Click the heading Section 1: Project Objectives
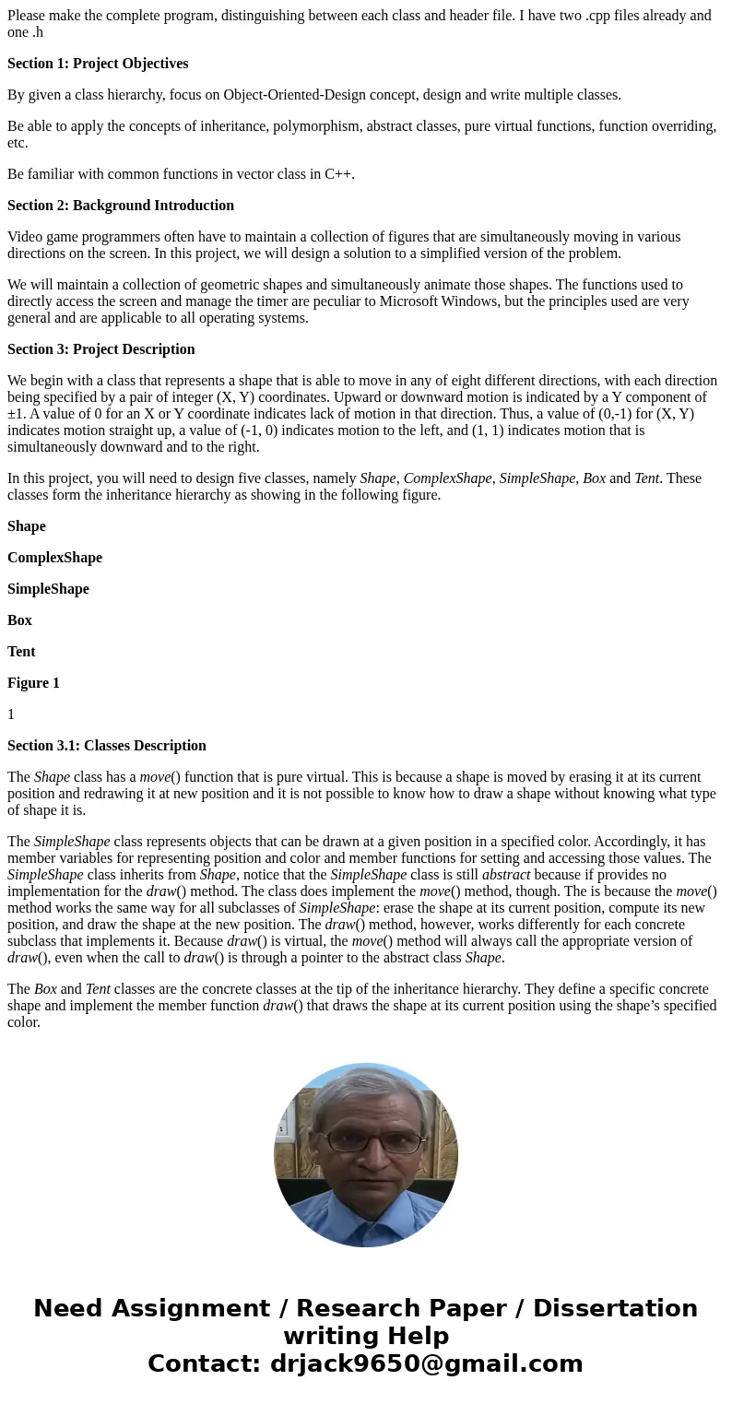98,64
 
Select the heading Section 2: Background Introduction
121,206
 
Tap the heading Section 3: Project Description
101,349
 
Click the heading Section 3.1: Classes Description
107,746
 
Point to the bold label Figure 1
33,683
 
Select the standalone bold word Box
19,620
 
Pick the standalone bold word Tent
21,652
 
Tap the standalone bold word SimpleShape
48,589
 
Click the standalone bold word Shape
27,526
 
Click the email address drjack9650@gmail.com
426,1363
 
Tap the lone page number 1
11,714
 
